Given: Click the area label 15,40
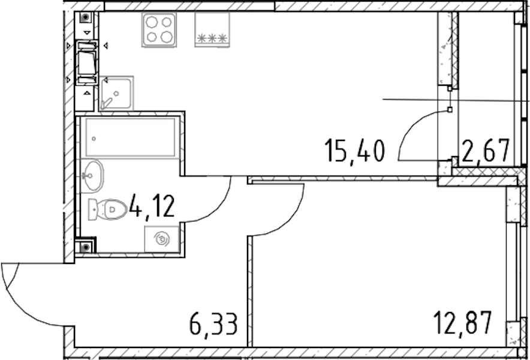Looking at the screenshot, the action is coord(354,152).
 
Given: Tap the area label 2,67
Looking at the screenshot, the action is coord(486,151).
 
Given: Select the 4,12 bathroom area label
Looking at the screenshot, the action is coord(152,206).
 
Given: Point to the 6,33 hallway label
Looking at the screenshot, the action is coord(213,324).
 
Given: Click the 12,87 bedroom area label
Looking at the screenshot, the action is coord(462,323).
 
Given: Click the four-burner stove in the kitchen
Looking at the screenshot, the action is coord(159,29).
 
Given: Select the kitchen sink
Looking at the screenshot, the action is coord(116,93).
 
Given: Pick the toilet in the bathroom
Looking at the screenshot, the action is coord(107,209).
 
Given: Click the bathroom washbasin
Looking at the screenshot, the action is coord(92,176).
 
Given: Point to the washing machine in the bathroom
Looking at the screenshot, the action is coord(162,239).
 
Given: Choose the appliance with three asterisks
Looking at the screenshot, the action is coord(212,29).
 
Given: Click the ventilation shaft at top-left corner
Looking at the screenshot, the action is coord(86,17).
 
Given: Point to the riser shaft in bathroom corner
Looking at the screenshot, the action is coord(86,247).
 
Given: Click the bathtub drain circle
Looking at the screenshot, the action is coord(94,139).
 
